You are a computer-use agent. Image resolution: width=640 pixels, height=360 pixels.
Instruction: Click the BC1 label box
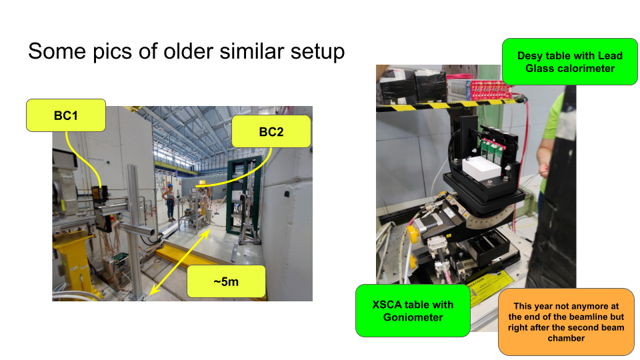click(x=66, y=115)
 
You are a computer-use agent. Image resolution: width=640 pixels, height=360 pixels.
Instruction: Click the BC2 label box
click(x=271, y=131)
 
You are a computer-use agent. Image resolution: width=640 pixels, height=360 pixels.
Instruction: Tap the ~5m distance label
click(x=226, y=281)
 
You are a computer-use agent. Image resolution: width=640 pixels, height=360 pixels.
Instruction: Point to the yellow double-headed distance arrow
click(x=180, y=261)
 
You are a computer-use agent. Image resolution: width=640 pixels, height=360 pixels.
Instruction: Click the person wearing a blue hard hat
click(x=170, y=203)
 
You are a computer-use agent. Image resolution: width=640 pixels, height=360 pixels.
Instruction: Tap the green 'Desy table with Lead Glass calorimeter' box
click(x=570, y=61)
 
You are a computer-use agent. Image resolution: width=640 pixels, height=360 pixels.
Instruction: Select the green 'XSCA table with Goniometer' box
click(x=413, y=311)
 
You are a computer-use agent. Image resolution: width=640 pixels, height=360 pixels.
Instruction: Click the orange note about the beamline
click(x=566, y=321)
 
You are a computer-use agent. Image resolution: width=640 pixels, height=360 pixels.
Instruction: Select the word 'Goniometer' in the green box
click(x=413, y=317)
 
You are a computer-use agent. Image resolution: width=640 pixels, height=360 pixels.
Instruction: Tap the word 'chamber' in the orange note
click(x=566, y=338)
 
